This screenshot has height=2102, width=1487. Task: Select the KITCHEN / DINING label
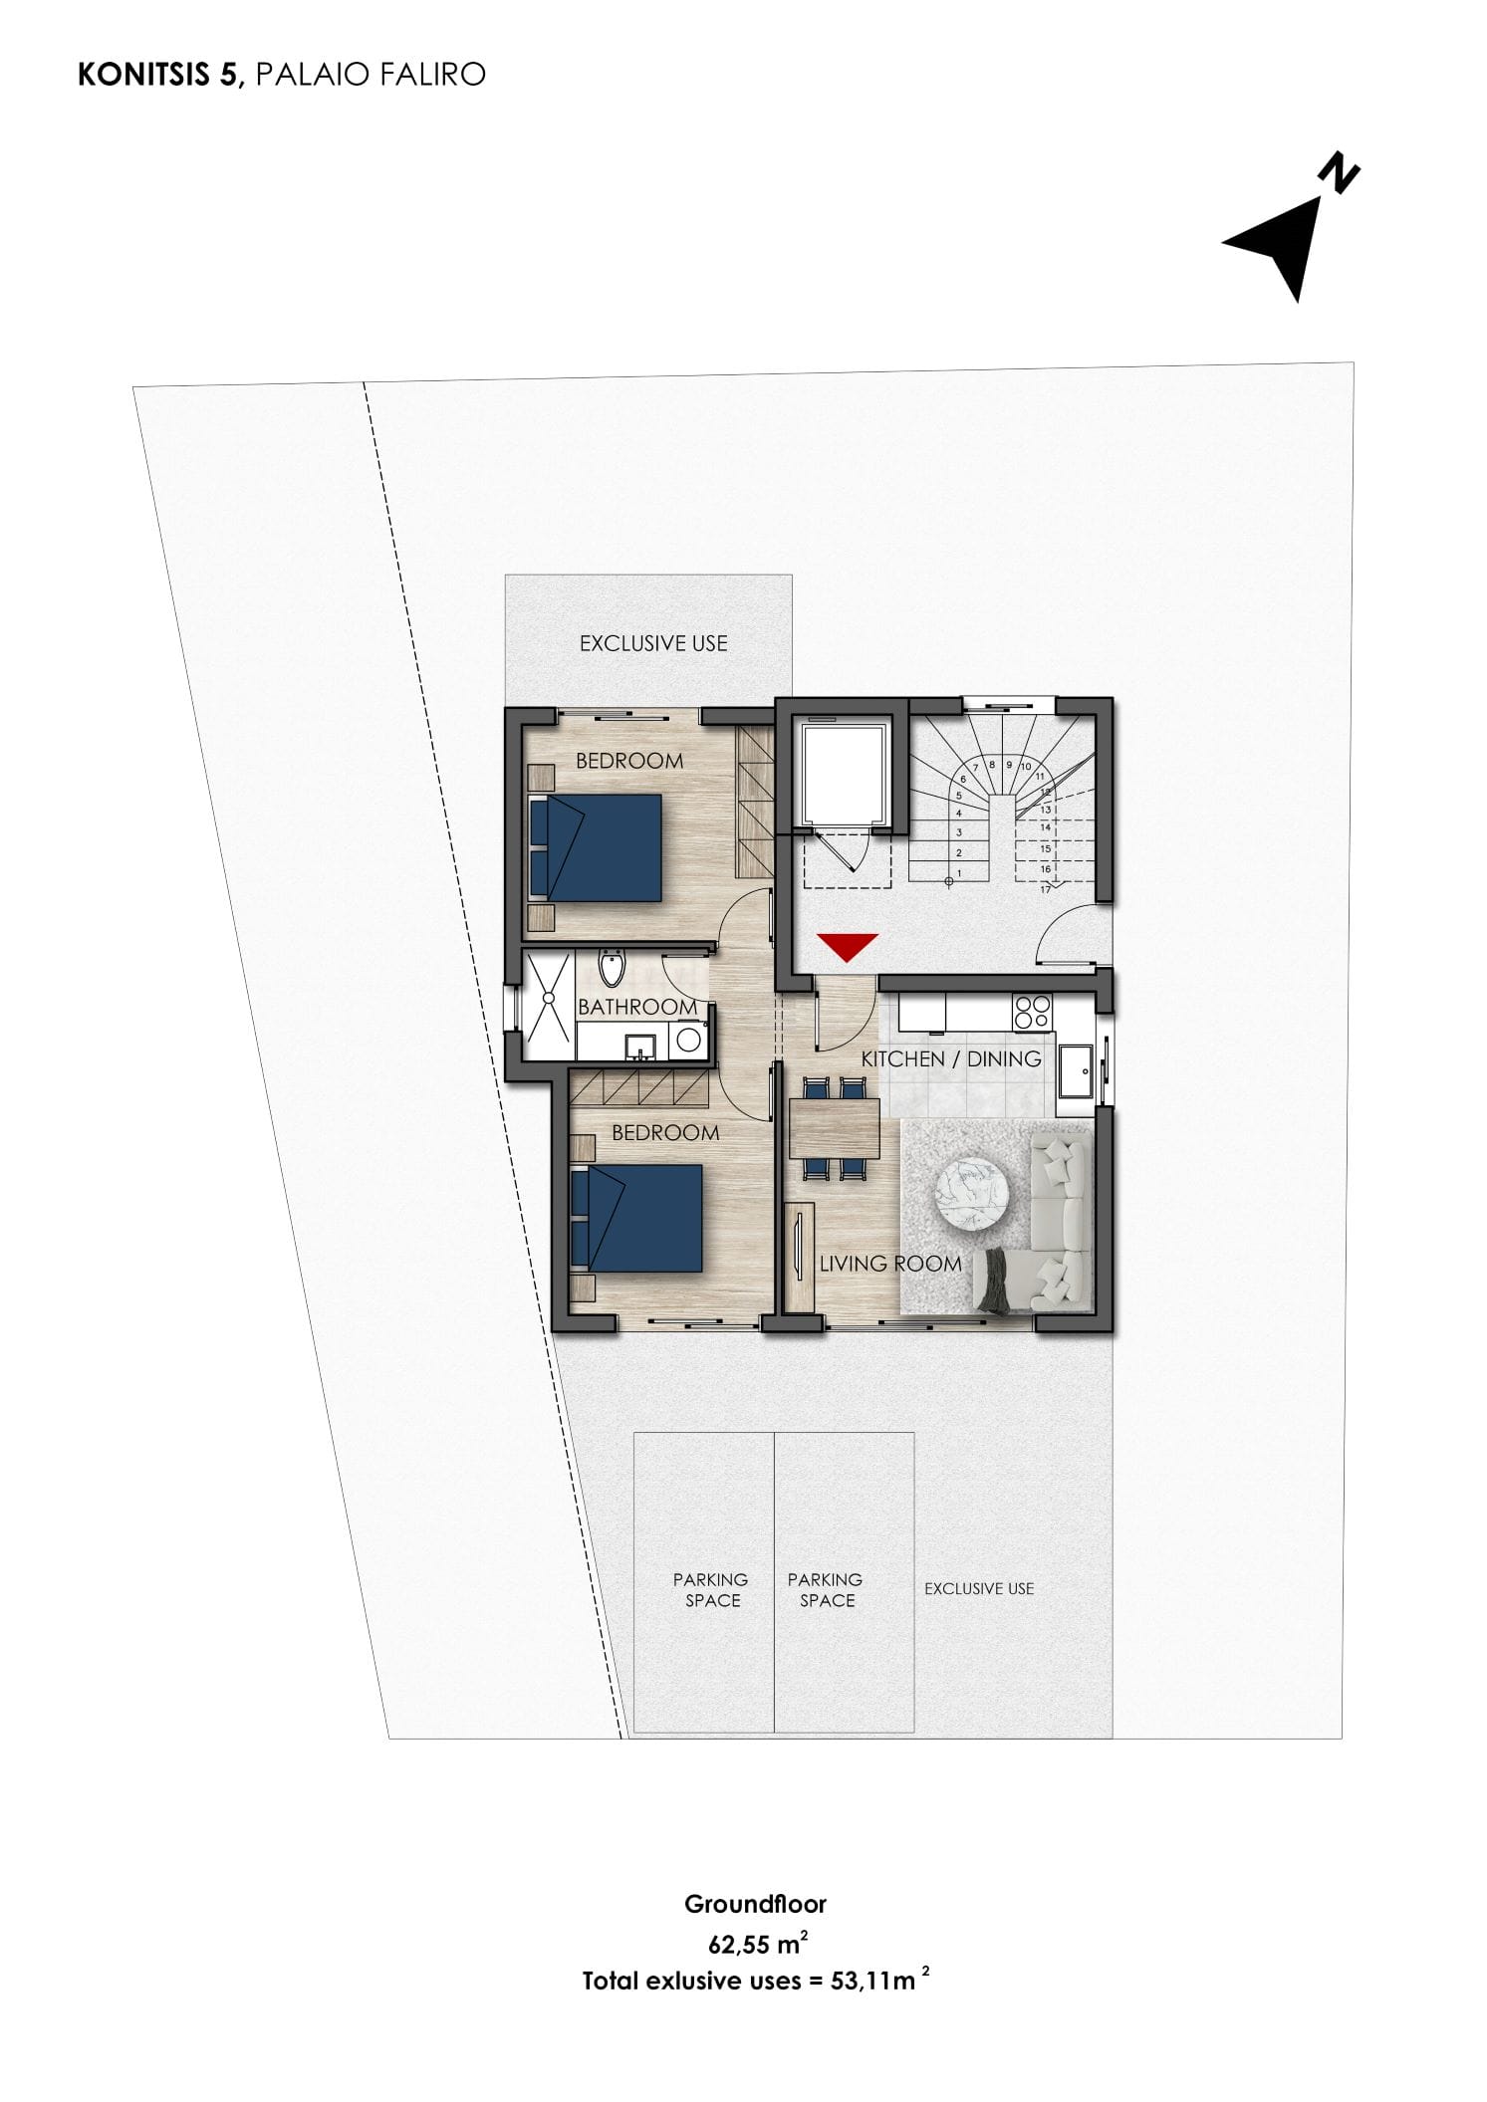tap(951, 1059)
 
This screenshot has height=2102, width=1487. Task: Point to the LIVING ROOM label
tap(890, 1264)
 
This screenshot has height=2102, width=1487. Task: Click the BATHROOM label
tap(637, 1007)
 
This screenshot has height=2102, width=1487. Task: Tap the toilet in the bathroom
tap(611, 968)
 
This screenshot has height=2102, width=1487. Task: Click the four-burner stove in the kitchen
tap(1031, 1012)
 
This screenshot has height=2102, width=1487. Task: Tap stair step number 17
tap(1046, 889)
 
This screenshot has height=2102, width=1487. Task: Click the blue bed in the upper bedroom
tap(596, 847)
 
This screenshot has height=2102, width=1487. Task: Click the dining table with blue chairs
tap(835, 1128)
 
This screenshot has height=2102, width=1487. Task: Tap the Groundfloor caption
tap(755, 1904)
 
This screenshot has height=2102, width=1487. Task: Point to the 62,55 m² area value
tap(757, 1943)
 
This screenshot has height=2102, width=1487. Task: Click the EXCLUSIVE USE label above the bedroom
tap(653, 643)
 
